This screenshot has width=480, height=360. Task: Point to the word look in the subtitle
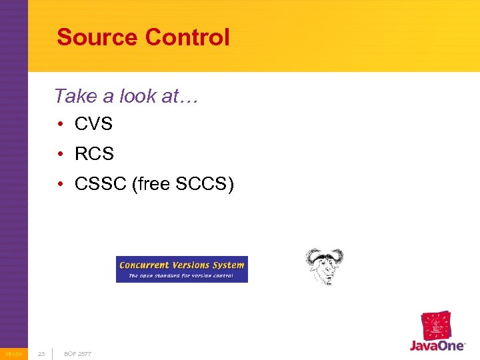click(x=138, y=96)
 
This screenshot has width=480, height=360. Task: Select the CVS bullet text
click(x=94, y=124)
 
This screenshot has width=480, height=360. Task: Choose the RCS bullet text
click(x=95, y=154)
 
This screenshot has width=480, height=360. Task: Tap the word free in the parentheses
click(x=154, y=184)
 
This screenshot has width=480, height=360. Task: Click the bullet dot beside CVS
click(x=60, y=124)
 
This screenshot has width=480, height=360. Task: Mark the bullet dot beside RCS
click(x=60, y=154)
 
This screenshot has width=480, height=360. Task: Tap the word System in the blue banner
click(x=228, y=265)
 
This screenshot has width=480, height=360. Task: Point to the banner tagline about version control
click(x=181, y=275)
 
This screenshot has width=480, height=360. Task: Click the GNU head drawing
click(x=324, y=266)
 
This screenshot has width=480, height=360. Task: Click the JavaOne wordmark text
click(x=437, y=347)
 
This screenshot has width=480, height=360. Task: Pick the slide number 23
click(x=41, y=354)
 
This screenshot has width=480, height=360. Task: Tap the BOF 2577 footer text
click(x=77, y=354)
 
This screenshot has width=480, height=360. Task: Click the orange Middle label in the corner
click(x=13, y=354)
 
